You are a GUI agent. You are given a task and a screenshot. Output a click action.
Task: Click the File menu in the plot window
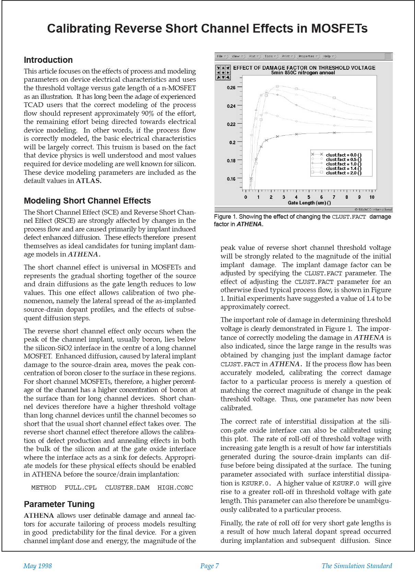(221, 56)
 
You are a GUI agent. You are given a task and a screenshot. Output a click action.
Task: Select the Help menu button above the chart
(329, 56)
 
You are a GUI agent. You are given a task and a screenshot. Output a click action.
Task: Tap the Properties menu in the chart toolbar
(308, 56)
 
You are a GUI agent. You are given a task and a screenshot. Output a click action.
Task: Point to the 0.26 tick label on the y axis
(231, 88)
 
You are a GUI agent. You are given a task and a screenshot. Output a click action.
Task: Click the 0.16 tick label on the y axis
(231, 179)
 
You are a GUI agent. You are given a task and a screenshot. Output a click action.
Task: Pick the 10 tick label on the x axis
(372, 197)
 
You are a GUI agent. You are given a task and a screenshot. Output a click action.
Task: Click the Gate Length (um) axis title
(309, 203)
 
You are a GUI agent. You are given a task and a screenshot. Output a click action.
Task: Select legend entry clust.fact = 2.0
(343, 173)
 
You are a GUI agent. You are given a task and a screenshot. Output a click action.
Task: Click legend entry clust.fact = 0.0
(343, 155)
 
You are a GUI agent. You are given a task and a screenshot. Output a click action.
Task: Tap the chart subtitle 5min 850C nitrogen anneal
(303, 73)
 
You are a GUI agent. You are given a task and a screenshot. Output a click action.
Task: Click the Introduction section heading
(48, 60)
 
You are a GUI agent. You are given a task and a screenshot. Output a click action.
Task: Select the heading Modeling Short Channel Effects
(87, 201)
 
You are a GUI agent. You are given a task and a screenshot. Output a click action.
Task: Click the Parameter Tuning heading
(59, 504)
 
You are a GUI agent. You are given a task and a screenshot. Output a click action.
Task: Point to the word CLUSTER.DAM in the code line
(127, 488)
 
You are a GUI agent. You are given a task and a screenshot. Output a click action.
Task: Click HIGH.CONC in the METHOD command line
(175, 488)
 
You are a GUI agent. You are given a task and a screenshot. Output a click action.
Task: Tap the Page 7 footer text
(210, 566)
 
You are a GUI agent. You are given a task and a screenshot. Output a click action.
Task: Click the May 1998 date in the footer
(38, 566)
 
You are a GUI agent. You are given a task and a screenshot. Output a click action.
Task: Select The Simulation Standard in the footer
(357, 566)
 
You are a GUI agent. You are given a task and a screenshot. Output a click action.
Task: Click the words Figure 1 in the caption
(225, 217)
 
